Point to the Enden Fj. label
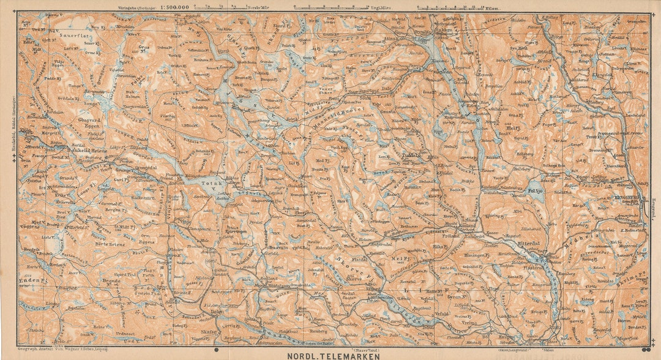[33, 280]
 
